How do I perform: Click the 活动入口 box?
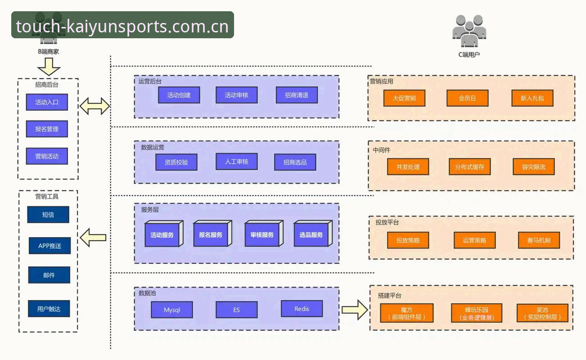click(x=47, y=102)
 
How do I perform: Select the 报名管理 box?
click(x=47, y=129)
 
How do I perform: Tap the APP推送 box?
click(x=50, y=246)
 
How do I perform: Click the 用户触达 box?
click(x=49, y=309)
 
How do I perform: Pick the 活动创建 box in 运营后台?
click(x=179, y=95)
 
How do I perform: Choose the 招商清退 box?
click(x=297, y=95)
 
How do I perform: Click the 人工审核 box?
click(x=236, y=162)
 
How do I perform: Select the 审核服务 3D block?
click(x=264, y=234)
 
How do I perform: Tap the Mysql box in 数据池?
click(x=172, y=310)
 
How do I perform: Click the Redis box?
click(x=302, y=309)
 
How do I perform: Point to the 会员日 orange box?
click(x=468, y=98)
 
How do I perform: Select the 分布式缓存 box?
click(x=469, y=166)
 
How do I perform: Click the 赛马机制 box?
click(x=539, y=240)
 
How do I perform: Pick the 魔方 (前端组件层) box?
click(x=406, y=313)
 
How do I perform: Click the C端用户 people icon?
click(x=469, y=31)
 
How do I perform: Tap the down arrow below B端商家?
click(x=49, y=67)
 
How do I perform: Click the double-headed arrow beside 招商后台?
click(x=95, y=106)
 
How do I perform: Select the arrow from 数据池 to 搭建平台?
click(x=355, y=310)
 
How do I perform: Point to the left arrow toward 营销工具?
click(x=93, y=238)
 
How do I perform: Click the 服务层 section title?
click(x=149, y=210)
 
